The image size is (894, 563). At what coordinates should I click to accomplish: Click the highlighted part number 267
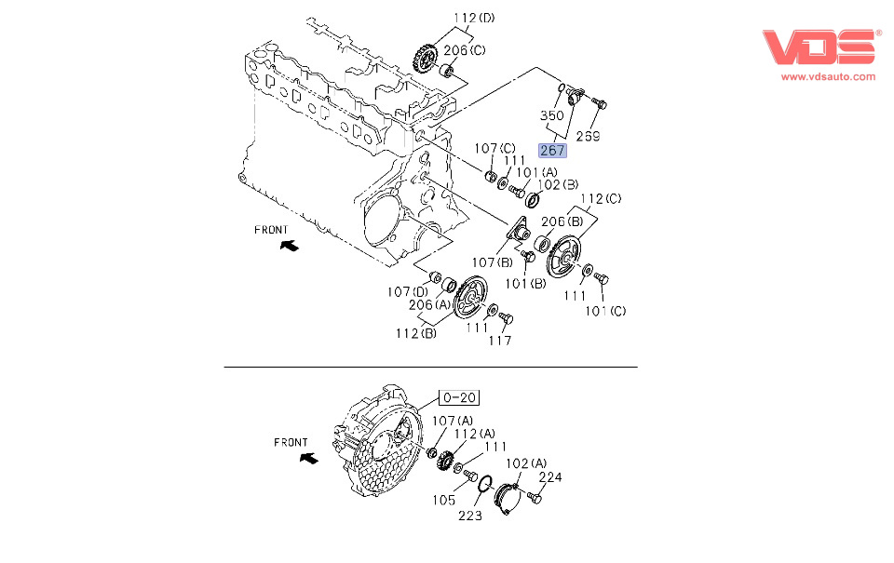(x=552, y=150)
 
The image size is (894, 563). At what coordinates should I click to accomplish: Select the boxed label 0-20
(x=459, y=397)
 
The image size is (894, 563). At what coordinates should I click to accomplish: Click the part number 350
(x=553, y=116)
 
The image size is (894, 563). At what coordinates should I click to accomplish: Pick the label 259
(x=587, y=136)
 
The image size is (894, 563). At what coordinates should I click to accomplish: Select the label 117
(x=500, y=341)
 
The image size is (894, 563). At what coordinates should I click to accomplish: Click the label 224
(x=550, y=477)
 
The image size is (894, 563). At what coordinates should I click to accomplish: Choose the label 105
(x=443, y=500)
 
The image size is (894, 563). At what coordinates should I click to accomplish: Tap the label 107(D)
(x=407, y=291)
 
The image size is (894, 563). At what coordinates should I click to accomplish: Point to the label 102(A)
(x=527, y=462)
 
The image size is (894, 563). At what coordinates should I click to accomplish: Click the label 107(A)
(x=453, y=421)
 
